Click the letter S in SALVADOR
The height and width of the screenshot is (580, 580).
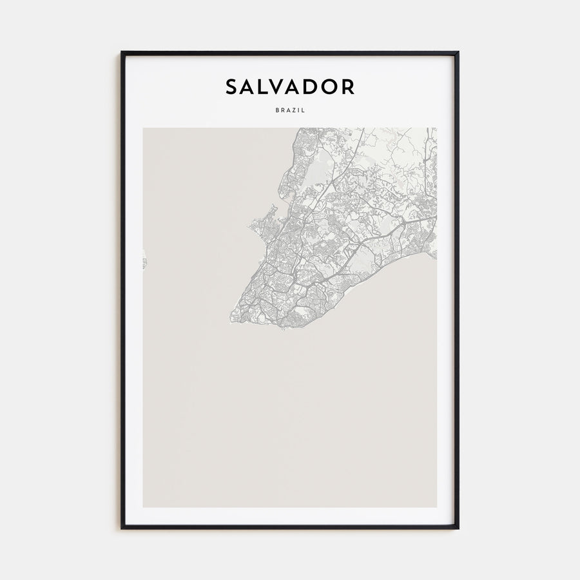click(x=232, y=87)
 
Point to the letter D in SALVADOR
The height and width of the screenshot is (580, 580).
click(x=314, y=87)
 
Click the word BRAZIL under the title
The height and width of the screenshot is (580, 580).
click(x=289, y=110)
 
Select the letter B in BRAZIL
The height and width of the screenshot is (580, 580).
click(x=276, y=110)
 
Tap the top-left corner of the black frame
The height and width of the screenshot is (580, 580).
click(x=121, y=52)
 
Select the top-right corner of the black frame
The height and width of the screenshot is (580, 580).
click(x=458, y=52)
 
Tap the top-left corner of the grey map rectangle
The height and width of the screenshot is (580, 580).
click(x=143, y=128)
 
